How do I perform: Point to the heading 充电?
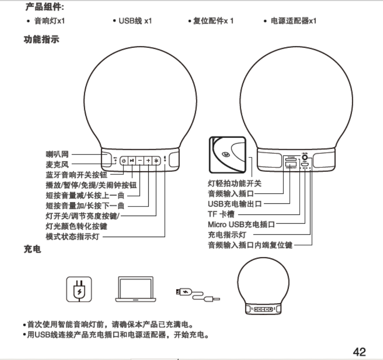click(33, 251)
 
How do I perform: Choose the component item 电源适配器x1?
click(293, 21)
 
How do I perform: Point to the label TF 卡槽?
click(220, 214)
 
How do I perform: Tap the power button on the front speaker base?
click(124, 161)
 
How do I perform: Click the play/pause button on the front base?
click(132, 161)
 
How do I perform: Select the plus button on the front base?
click(148, 161)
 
